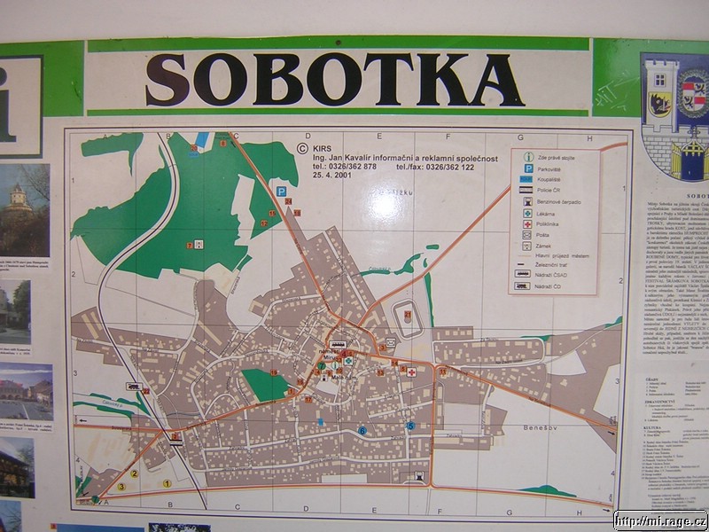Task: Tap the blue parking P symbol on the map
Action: [x=281, y=191]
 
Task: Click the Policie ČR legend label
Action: [x=555, y=191]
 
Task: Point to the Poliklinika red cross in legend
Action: [x=527, y=225]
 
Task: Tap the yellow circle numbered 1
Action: [x=166, y=484]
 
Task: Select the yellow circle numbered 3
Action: [x=121, y=487]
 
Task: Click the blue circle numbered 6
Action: [x=362, y=431]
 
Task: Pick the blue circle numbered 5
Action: [x=410, y=426]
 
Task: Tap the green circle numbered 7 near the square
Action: [x=321, y=366]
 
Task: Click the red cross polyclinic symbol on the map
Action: [x=411, y=372]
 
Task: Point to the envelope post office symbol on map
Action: [x=389, y=341]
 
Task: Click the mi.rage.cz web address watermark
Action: [x=660, y=521]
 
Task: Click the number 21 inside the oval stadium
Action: [x=408, y=314]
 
